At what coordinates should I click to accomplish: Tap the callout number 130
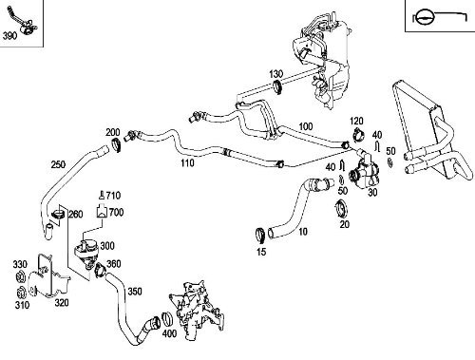pos(275,73)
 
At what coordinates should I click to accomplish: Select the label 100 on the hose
pos(305,127)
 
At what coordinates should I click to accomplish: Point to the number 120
pos(357,122)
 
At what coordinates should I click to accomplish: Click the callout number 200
pos(113,131)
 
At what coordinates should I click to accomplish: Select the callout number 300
pos(120,244)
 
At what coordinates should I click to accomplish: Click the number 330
pos(19,263)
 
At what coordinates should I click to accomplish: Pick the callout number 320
pos(62,305)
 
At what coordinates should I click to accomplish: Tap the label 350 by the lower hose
pos(134,292)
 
